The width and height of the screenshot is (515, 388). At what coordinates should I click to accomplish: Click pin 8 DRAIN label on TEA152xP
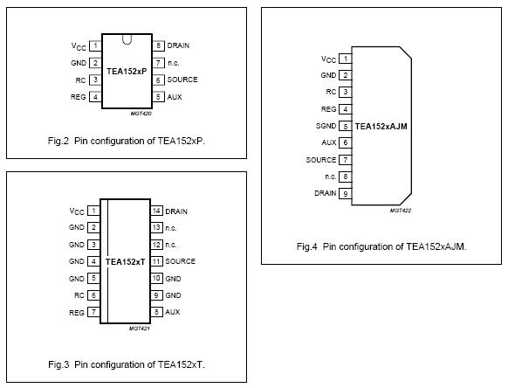[x=180, y=45]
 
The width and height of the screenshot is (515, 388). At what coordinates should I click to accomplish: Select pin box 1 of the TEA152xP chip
[x=94, y=45]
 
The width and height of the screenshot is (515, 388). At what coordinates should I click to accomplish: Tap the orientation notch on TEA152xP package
[x=127, y=38]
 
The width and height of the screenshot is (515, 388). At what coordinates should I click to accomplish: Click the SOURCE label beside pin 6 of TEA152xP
[x=182, y=80]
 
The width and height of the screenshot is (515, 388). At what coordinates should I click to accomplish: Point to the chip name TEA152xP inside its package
[x=127, y=71]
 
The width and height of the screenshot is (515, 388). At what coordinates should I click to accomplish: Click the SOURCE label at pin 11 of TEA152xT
[x=181, y=261]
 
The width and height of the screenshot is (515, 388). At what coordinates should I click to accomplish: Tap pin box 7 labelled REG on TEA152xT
[x=93, y=312]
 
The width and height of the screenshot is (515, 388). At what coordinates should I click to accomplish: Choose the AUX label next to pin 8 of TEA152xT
[x=173, y=312]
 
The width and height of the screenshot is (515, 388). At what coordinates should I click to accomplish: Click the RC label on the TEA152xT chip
[x=79, y=295]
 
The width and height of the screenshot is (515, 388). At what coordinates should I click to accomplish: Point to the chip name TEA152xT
[x=125, y=261]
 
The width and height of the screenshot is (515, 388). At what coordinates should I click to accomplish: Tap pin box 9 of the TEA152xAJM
[x=346, y=193]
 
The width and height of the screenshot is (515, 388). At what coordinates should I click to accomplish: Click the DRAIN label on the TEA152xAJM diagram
[x=325, y=193]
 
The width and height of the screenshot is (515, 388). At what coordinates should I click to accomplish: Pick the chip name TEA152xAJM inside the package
[x=381, y=126]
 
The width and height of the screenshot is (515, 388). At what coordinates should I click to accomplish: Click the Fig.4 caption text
[x=381, y=246]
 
